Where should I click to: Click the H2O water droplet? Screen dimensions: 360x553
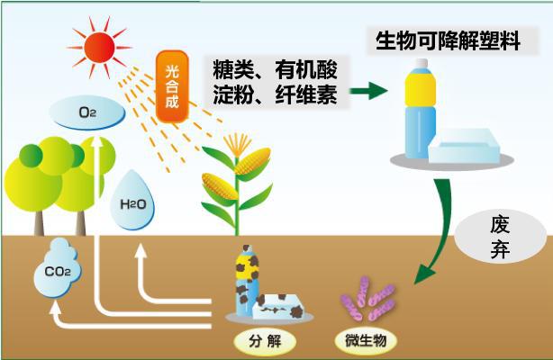tap(132, 204)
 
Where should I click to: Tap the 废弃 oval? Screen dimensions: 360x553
tap(501, 237)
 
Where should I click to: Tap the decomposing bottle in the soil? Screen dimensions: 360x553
tap(246, 280)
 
